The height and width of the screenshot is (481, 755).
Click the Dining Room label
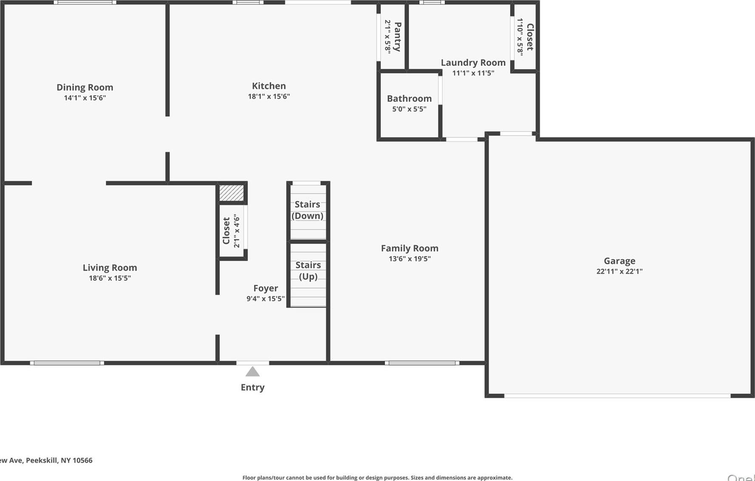(x=85, y=87)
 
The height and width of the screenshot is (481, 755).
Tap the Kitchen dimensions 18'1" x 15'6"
(x=269, y=96)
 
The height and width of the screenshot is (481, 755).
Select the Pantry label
(x=397, y=37)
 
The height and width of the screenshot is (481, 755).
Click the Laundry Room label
(x=473, y=62)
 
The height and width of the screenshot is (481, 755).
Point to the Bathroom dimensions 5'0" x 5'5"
(x=409, y=109)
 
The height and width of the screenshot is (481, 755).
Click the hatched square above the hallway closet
(x=232, y=193)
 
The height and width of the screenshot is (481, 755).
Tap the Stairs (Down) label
(x=307, y=210)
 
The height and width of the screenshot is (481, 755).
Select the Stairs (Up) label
(x=308, y=271)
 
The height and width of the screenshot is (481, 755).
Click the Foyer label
(x=266, y=288)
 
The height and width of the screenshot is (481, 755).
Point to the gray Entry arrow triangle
(x=253, y=372)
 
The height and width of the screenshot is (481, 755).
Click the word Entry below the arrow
(x=253, y=387)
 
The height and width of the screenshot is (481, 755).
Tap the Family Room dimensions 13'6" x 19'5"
(x=409, y=259)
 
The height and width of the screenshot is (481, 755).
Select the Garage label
(x=619, y=261)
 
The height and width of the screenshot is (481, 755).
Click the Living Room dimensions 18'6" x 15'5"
(x=110, y=278)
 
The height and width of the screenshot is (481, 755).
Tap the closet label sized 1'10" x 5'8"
(x=530, y=37)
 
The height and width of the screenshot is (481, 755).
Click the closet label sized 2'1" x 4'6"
(x=226, y=231)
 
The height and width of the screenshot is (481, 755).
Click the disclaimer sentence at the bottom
(x=377, y=478)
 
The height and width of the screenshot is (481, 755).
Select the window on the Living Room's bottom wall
(x=67, y=363)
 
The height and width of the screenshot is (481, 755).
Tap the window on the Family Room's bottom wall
(x=422, y=363)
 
